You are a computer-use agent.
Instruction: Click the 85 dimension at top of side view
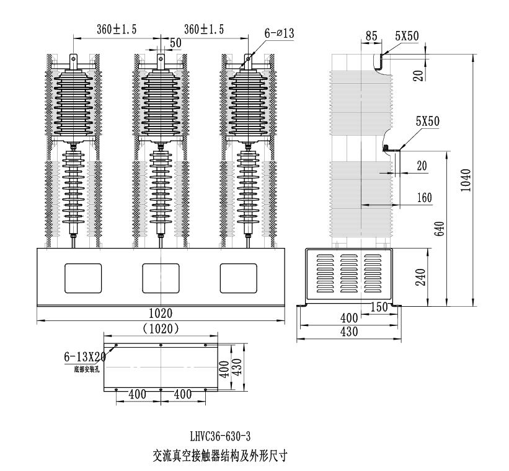[x=371, y=37]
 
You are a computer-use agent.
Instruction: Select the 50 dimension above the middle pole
[x=175, y=43]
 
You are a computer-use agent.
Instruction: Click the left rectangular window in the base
[x=83, y=278]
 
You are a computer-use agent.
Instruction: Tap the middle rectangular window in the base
[x=161, y=278]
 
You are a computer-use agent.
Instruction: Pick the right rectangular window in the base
[x=238, y=278]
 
